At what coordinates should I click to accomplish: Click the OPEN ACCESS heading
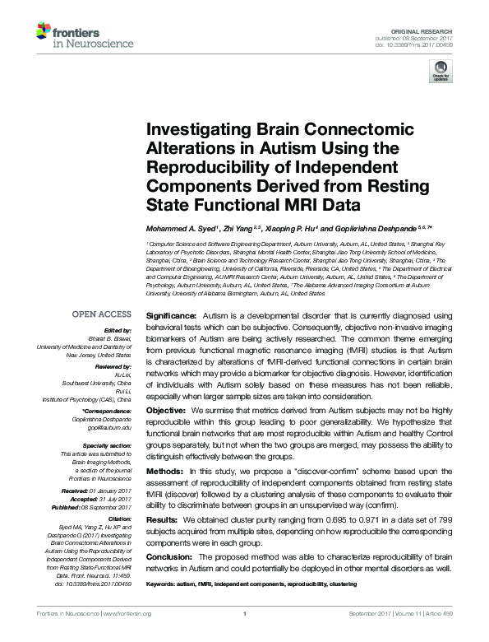click(101, 314)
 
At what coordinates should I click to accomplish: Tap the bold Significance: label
click(171, 315)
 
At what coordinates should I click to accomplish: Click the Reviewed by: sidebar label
click(111, 365)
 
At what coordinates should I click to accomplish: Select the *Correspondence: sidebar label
click(107, 409)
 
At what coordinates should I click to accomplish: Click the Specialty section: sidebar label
click(104, 444)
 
